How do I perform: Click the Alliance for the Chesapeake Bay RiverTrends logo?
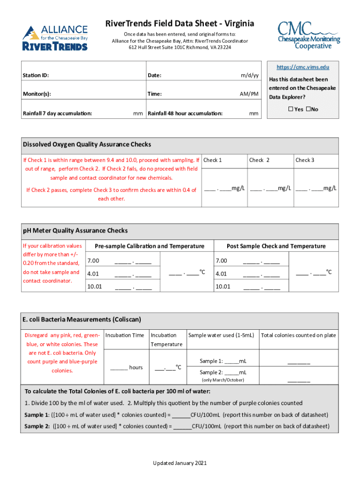[x=55, y=37]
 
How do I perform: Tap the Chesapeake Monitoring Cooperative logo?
[x=309, y=35]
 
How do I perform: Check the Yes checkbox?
[x=290, y=109]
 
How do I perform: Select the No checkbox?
[x=308, y=109]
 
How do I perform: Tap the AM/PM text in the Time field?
[x=249, y=94]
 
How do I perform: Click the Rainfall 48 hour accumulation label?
[x=185, y=113]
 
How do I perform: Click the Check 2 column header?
[x=259, y=160]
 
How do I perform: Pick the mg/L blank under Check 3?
[x=316, y=189]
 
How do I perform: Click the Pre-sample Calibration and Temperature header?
[x=149, y=246]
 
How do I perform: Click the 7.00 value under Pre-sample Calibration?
[x=93, y=261]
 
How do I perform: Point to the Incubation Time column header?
[x=125, y=335]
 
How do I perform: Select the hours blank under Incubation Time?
[x=119, y=368]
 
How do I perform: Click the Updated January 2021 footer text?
[x=180, y=463]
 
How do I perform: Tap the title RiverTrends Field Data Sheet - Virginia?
[x=180, y=23]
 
